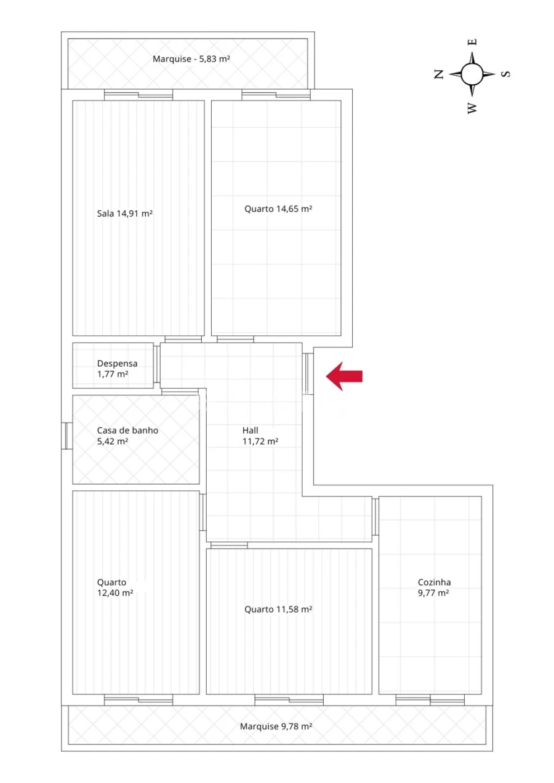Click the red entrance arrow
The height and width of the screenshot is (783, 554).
click(x=344, y=376)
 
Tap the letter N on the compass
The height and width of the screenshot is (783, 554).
click(x=439, y=74)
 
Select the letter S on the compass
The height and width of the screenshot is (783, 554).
click(x=505, y=74)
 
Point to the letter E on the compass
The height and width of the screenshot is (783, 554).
click(x=473, y=42)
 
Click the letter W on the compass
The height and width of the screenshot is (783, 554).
click(x=472, y=108)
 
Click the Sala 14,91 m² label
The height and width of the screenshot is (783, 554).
click(x=124, y=214)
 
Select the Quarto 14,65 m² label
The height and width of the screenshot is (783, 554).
click(x=278, y=209)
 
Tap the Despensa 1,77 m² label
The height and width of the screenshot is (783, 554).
click(x=117, y=368)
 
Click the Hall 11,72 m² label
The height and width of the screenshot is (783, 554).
click(x=260, y=435)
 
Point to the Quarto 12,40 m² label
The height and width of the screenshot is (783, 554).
click(x=115, y=587)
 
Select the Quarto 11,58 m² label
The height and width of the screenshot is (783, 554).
click(x=278, y=609)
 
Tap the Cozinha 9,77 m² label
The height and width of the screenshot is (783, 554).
click(x=433, y=587)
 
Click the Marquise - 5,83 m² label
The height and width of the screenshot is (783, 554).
click(x=191, y=59)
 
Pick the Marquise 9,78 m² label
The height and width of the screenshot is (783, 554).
click(x=276, y=726)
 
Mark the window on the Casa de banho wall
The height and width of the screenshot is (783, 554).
click(x=66, y=435)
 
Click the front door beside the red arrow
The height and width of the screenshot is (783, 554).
click(x=308, y=373)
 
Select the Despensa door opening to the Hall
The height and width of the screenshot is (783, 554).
click(x=157, y=365)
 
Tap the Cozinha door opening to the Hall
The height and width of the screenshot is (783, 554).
click(x=374, y=517)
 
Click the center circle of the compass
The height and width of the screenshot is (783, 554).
click(x=472, y=74)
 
